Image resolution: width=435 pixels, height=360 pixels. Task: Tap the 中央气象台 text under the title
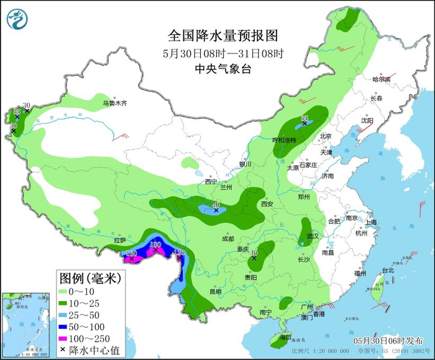pyautogui.click(x=222, y=69)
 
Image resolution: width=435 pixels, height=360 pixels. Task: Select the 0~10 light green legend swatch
pyautogui.click(x=68, y=291)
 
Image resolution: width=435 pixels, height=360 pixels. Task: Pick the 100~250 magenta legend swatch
pyautogui.click(x=68, y=338)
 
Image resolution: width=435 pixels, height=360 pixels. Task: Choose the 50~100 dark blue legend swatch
pyautogui.click(x=68, y=326)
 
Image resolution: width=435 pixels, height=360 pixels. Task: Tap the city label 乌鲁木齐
pyautogui.click(x=114, y=103)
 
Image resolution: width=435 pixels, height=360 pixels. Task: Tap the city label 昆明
pyautogui.click(x=215, y=291)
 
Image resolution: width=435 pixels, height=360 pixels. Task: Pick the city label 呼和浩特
pyautogui.click(x=285, y=140)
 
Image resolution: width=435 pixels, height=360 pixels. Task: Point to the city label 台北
pyautogui.click(x=388, y=270)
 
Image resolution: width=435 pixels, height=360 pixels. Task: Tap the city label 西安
pyautogui.click(x=267, y=203)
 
